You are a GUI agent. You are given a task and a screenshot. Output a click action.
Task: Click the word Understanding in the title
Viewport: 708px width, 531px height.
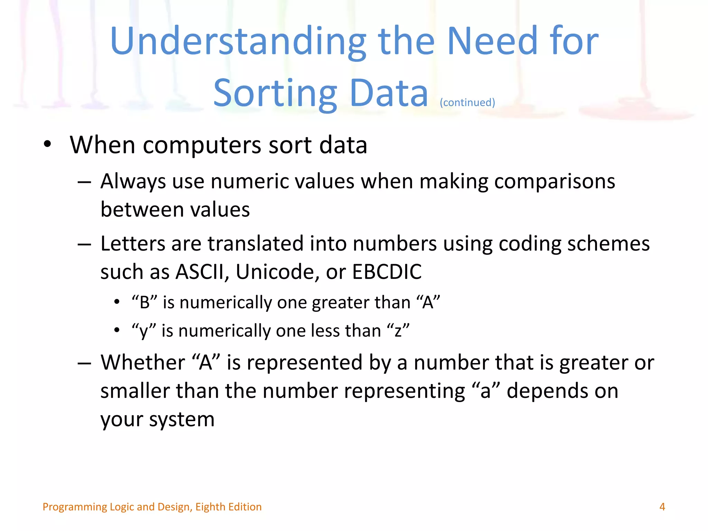point(238,41)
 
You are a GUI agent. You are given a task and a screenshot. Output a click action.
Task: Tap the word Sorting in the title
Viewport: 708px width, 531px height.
point(275,93)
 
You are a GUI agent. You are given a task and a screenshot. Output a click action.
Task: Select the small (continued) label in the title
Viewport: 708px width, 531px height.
point(467,102)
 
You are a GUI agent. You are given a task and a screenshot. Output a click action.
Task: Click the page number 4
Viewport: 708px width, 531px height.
point(662,507)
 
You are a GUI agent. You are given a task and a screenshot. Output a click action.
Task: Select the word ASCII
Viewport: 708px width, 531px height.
point(200,272)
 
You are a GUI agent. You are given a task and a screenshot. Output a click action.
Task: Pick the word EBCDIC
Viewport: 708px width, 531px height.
point(387,272)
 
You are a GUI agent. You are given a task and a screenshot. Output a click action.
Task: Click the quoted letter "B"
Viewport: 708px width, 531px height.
point(145,302)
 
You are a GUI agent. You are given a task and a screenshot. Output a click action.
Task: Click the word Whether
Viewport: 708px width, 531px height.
point(143,363)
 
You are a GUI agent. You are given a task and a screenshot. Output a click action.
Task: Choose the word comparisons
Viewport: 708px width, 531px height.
point(555,182)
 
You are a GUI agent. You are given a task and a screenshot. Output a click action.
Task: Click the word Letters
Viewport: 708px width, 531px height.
point(133,244)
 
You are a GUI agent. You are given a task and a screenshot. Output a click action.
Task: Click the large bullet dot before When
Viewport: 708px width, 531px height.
point(47,145)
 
